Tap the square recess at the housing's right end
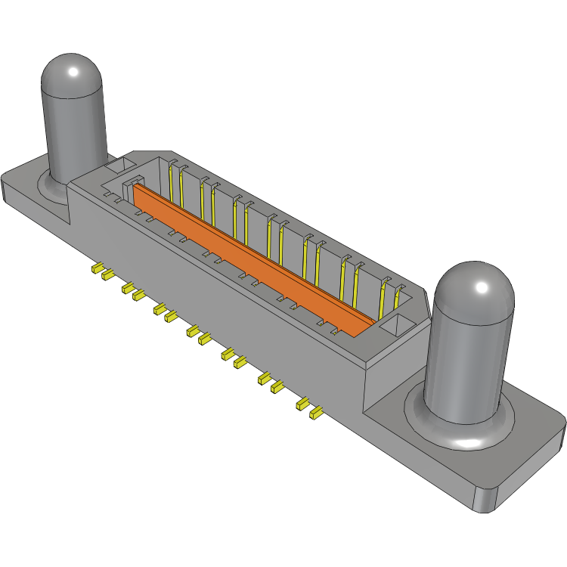pyautogui.click(x=395, y=326)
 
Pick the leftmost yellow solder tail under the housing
pyautogui.click(x=97, y=268)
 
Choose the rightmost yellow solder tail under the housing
pyautogui.click(x=316, y=414)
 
